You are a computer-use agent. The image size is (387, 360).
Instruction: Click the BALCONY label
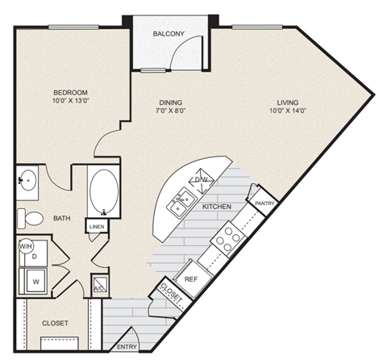pyautogui.click(x=169, y=33)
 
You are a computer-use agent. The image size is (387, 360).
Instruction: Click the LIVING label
pyautogui.click(x=288, y=103)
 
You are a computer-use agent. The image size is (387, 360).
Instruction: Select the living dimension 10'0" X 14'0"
pyautogui.click(x=288, y=112)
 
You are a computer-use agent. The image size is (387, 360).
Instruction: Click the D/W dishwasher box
pyautogui.click(x=201, y=179)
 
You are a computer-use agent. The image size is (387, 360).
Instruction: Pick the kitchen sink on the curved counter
pyautogui.click(x=179, y=202)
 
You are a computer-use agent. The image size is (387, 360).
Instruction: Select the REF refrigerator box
pyautogui.click(x=191, y=278)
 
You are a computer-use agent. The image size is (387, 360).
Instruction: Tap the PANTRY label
pyautogui.click(x=264, y=203)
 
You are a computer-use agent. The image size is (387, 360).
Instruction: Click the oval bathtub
pyautogui.click(x=102, y=192)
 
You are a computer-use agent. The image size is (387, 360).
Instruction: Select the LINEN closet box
pyautogui.click(x=97, y=228)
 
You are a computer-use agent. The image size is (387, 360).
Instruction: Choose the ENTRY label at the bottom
pyautogui.click(x=127, y=347)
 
